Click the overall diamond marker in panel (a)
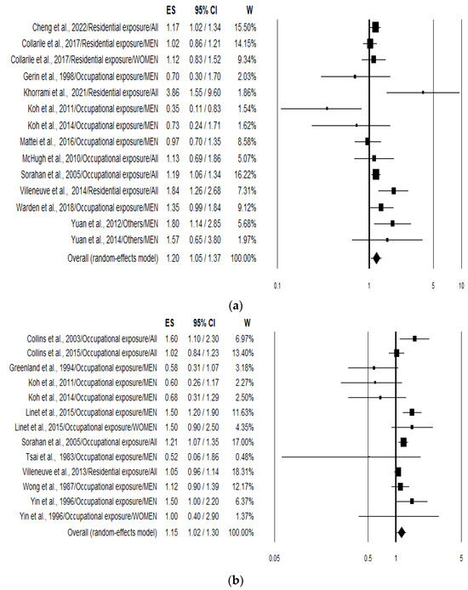click(x=376, y=257)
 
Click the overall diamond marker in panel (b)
click(x=401, y=532)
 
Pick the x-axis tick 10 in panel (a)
click(x=460, y=286)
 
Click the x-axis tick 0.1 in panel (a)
click(x=277, y=286)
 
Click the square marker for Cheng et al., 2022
click(x=375, y=27)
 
